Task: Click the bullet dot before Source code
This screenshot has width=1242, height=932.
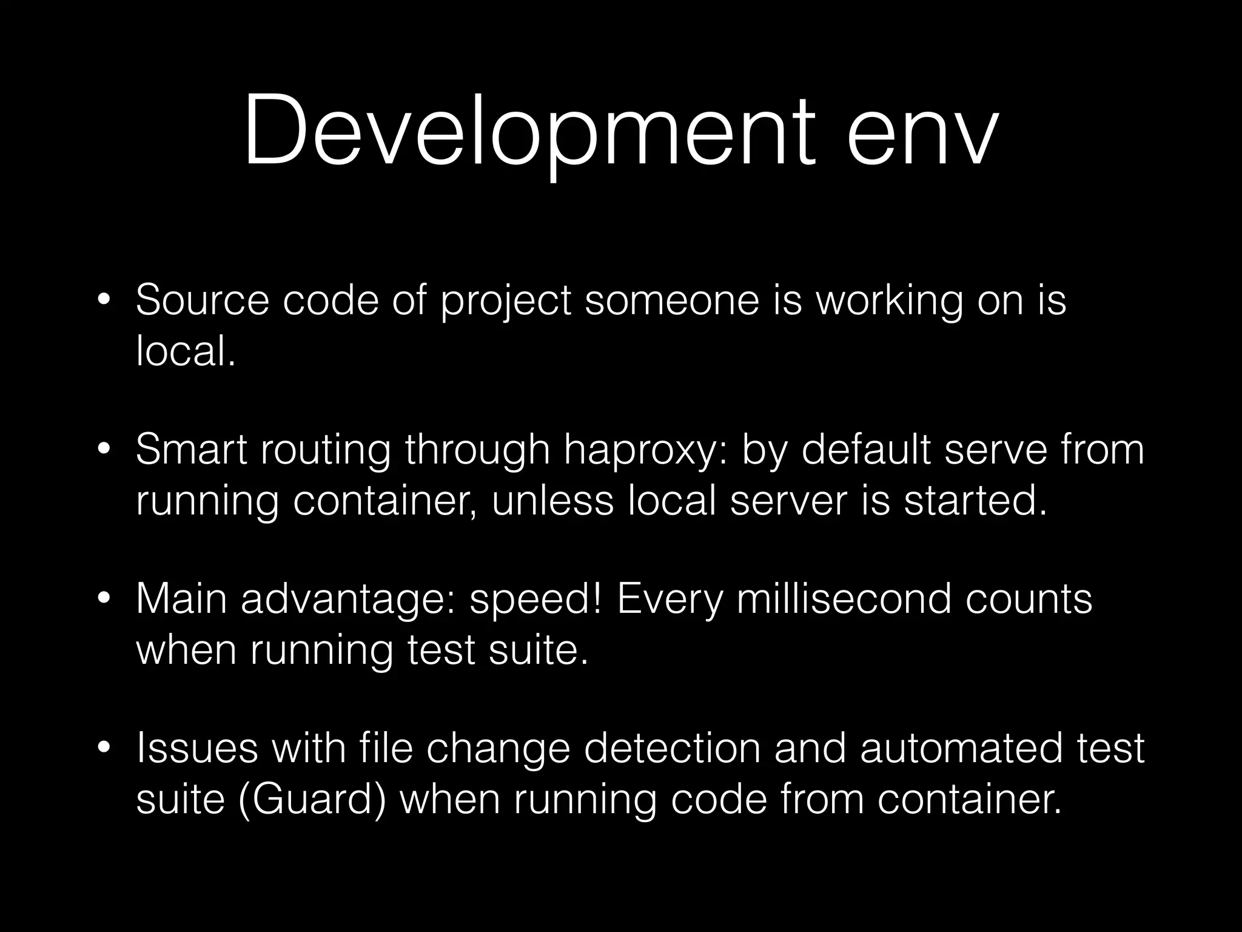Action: click(104, 300)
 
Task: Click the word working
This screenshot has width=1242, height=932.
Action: click(889, 301)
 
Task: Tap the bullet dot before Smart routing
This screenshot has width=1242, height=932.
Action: click(104, 450)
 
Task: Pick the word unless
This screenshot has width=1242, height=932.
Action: click(552, 501)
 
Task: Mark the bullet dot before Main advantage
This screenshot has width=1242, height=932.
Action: click(104, 599)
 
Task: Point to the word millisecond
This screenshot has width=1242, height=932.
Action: click(843, 599)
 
